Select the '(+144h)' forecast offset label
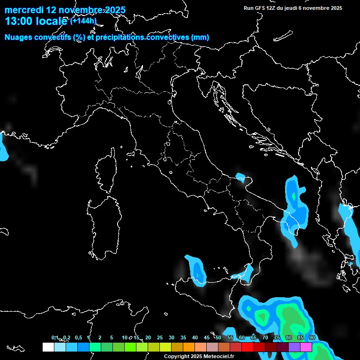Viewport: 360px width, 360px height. (83, 21)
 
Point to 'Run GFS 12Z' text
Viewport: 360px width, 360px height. (262, 8)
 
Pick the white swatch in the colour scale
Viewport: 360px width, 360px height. (48, 347)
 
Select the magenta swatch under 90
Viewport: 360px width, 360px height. (306, 347)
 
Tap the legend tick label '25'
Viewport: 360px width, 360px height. (160, 338)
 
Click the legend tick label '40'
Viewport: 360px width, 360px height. (195, 338)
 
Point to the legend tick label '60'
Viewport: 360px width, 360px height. (242, 338)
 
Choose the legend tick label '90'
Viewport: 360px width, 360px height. (312, 338)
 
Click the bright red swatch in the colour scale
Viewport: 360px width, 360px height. (247, 347)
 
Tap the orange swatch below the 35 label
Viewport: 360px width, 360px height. (189, 347)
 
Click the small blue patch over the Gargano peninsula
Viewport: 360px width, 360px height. (241, 178)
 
